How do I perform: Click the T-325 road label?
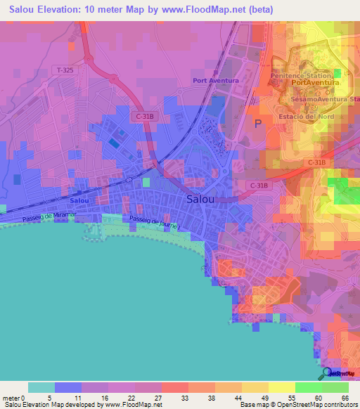click(63, 70)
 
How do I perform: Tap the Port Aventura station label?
click(216, 81)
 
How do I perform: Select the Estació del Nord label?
click(304, 115)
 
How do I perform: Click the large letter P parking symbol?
click(258, 124)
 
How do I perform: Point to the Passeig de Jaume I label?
click(155, 223)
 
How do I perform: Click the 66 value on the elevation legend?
click(345, 398)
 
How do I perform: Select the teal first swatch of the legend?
click(41, 387)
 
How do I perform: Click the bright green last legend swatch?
click(335, 387)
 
